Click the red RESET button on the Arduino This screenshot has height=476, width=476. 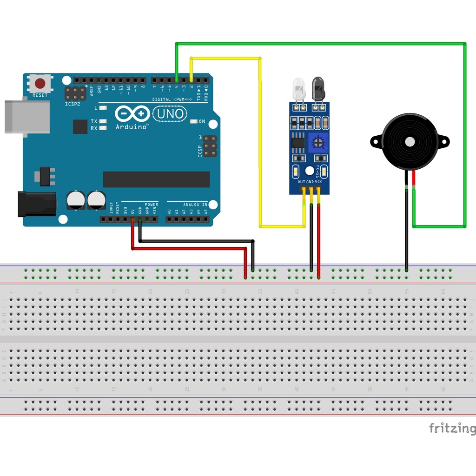[40, 84]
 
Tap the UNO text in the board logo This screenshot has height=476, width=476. [170, 113]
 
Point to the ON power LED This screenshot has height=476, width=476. [194, 122]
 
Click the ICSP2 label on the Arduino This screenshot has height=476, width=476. [73, 104]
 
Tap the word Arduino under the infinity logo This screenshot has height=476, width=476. [132, 126]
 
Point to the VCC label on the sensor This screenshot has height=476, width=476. [318, 182]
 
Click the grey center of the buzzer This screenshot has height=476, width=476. [410, 141]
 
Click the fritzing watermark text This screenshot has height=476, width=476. [452, 428]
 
